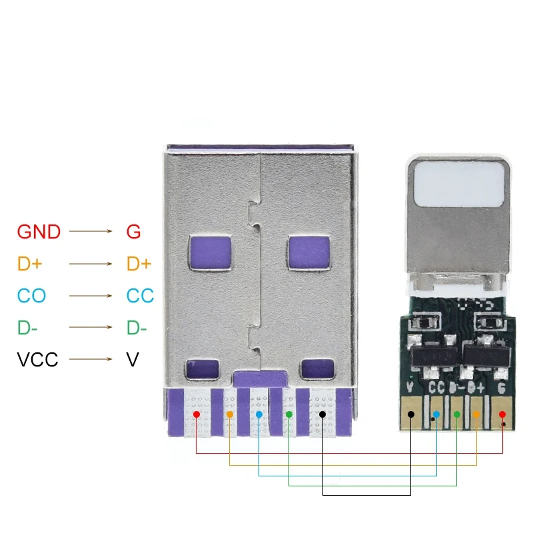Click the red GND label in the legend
click(39, 233)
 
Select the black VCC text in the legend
click(37, 360)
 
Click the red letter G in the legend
click(133, 233)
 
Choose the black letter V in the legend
click(132, 360)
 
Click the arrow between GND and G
click(92, 232)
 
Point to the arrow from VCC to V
click(92, 360)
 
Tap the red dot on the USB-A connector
click(197, 414)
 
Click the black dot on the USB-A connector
click(322, 414)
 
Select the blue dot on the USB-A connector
click(259, 414)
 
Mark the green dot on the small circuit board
click(457, 414)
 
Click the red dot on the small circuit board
click(502, 414)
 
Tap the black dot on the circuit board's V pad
click(411, 414)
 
